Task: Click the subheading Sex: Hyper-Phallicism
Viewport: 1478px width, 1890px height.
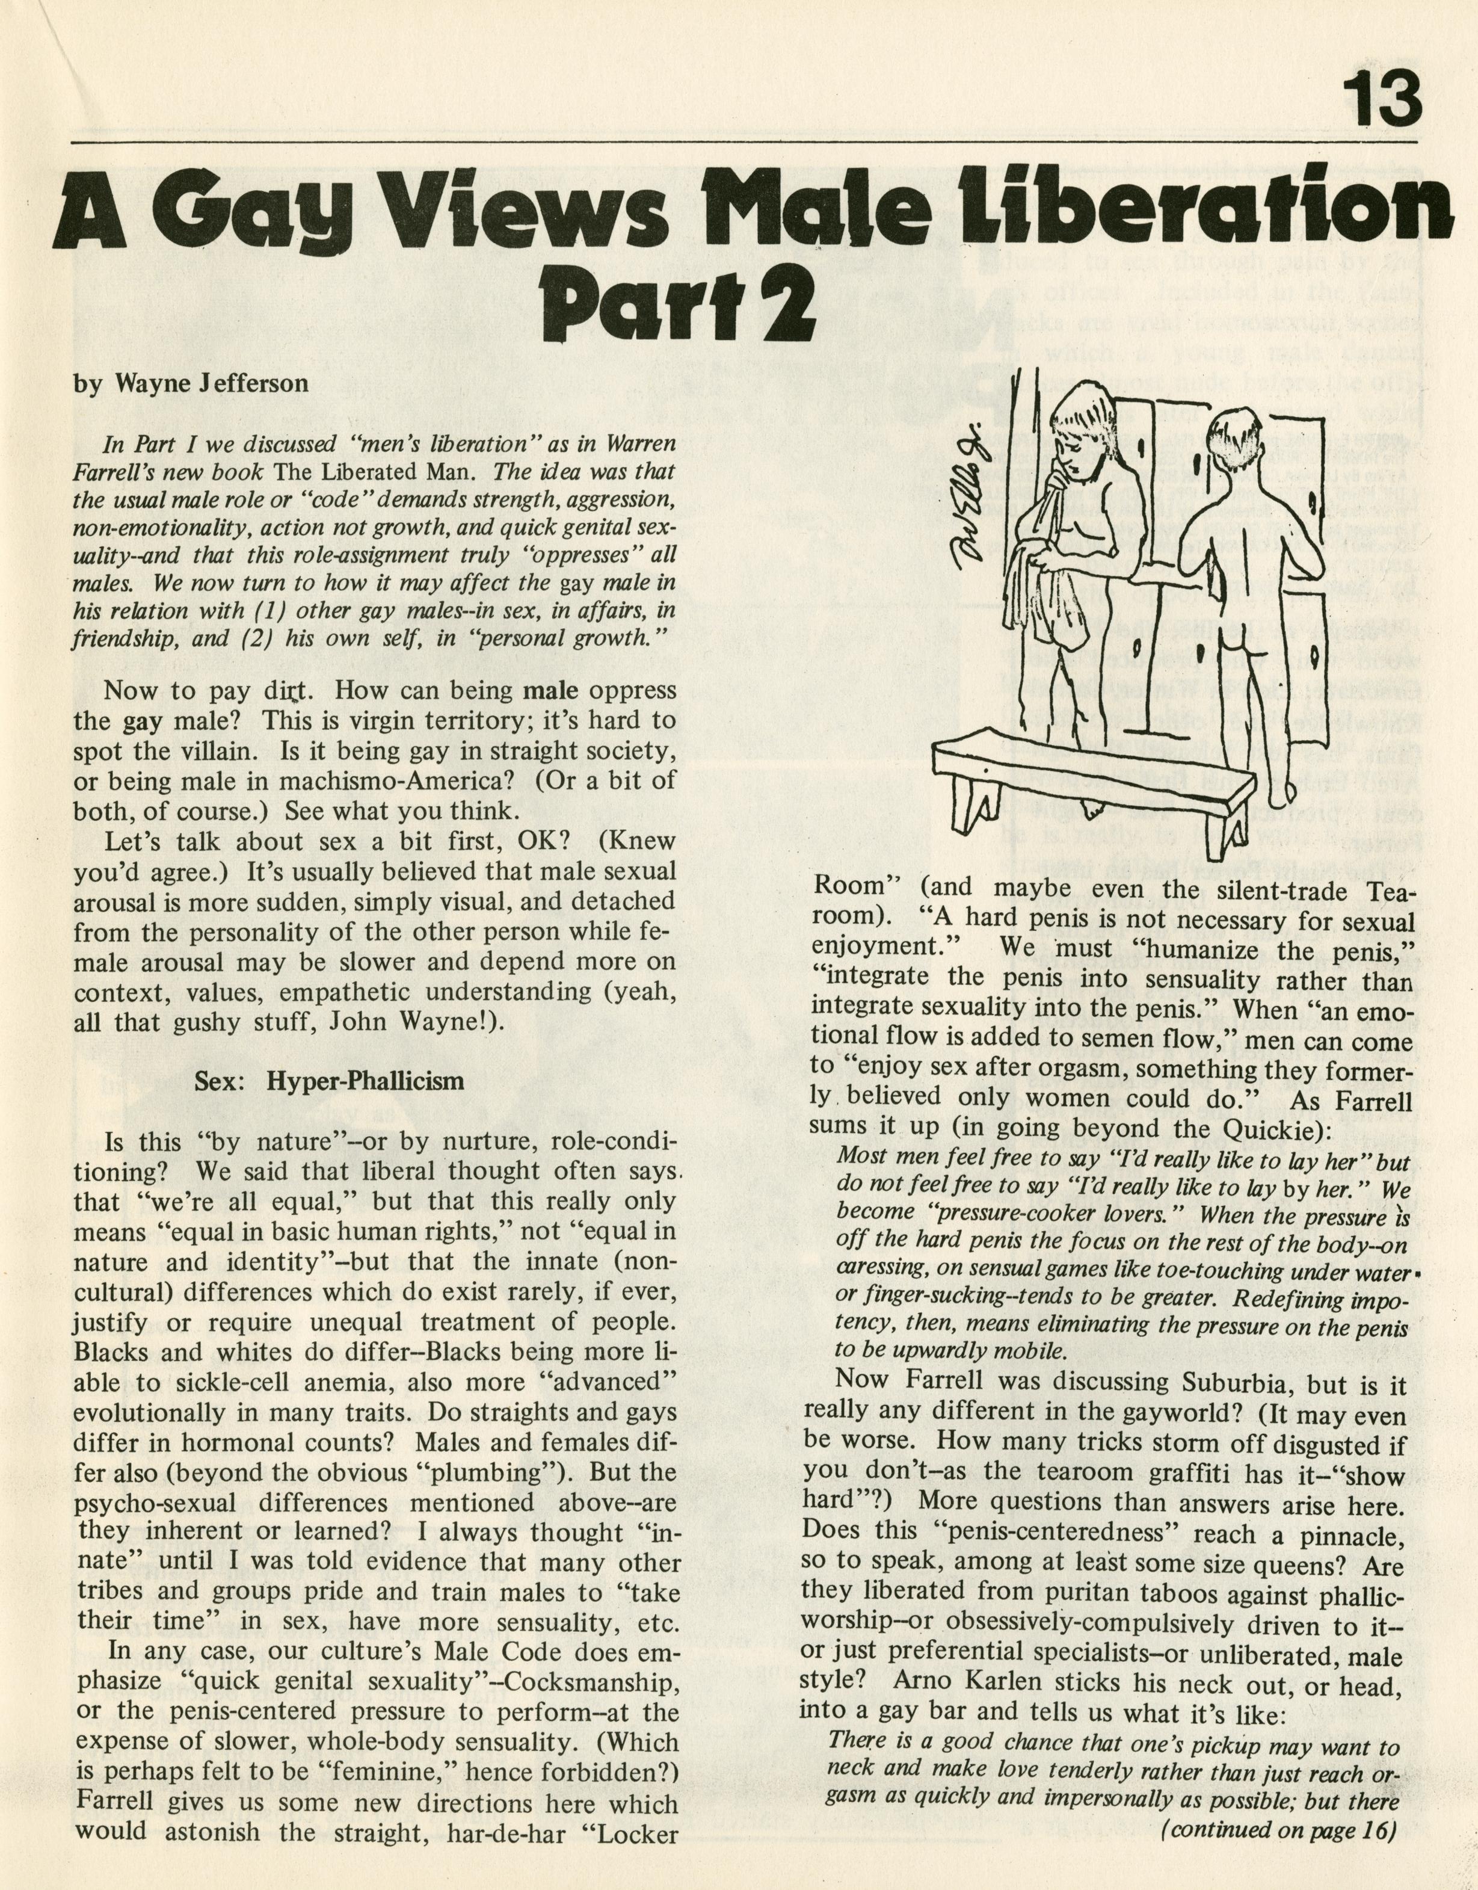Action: [329, 1081]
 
